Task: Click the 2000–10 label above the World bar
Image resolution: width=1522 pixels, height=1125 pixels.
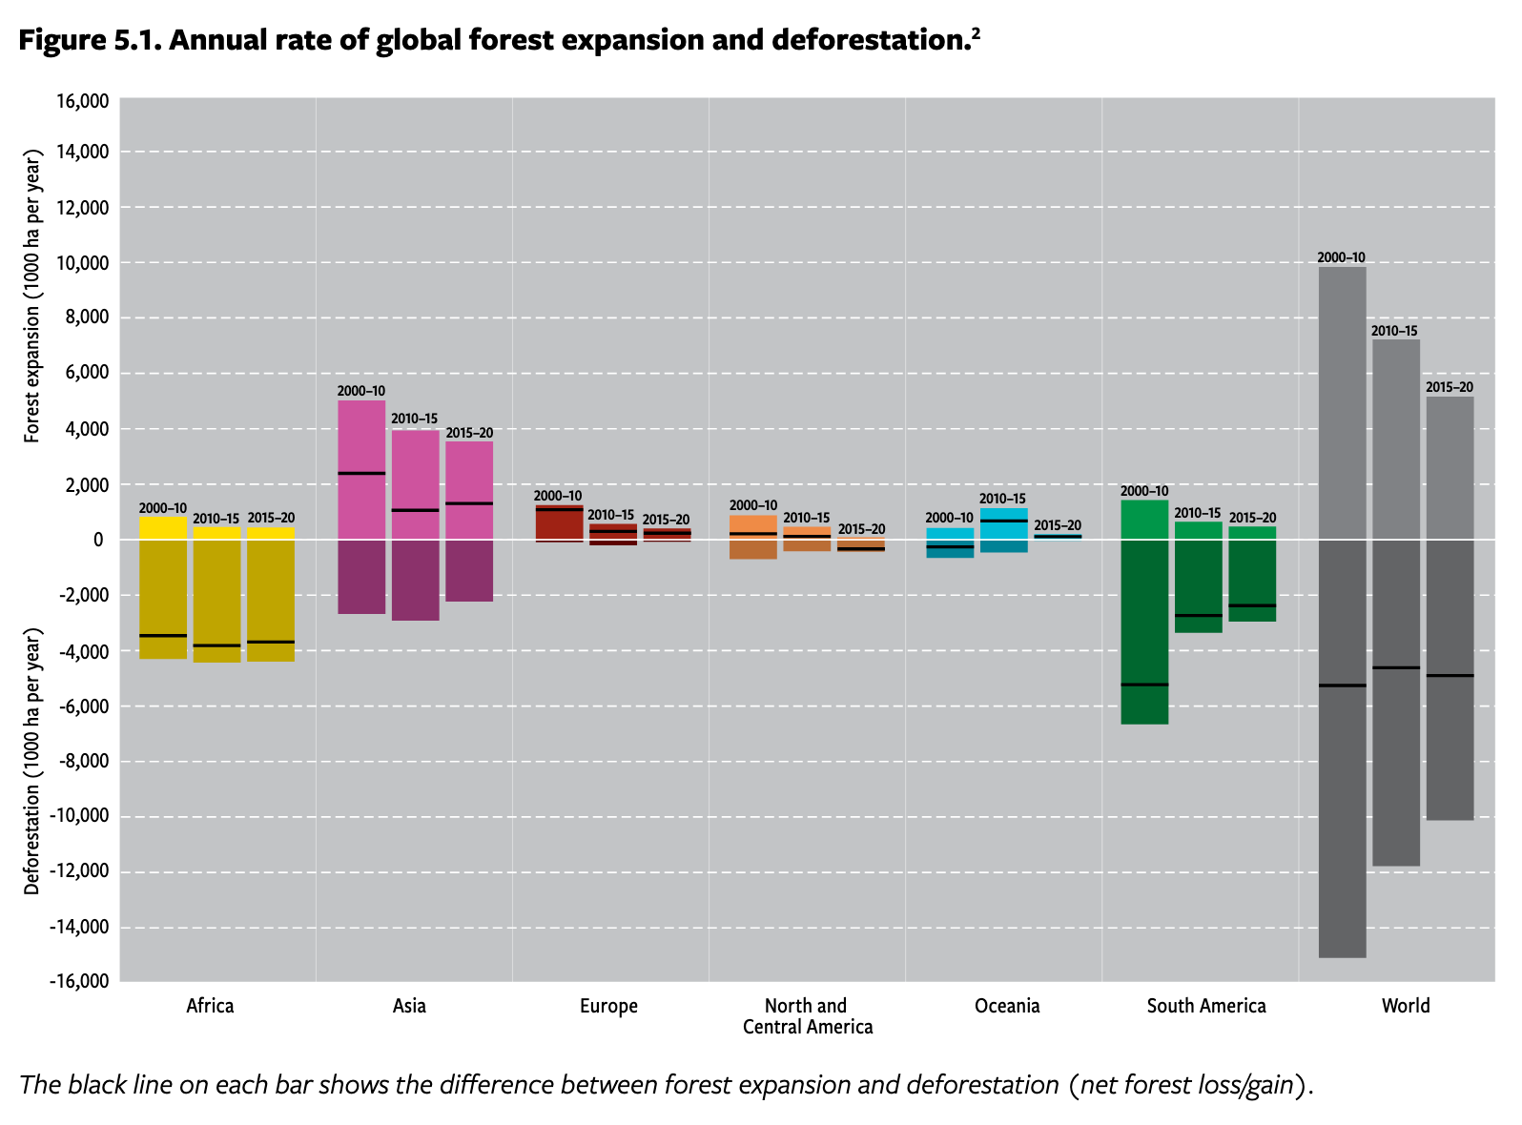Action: coord(1341,257)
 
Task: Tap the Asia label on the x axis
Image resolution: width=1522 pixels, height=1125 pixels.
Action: coord(409,1006)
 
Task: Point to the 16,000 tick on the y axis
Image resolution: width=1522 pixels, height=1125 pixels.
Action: coord(84,102)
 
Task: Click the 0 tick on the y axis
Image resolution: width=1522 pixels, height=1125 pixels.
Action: coord(98,540)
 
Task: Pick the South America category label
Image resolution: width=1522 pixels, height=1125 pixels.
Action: coord(1205,1006)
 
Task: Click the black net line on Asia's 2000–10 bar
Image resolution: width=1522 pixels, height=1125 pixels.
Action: coord(361,473)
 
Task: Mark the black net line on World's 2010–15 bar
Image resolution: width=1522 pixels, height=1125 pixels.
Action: coord(1395,667)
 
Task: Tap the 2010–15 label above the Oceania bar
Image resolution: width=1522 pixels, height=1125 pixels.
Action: coord(1002,499)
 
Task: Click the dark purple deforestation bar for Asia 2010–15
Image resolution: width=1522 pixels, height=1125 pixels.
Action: coord(415,580)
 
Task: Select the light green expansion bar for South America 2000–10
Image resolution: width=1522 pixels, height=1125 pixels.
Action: coord(1144,520)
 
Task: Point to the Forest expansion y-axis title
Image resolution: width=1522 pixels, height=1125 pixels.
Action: coord(32,296)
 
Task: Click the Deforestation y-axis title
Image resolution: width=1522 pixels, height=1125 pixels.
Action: coord(32,761)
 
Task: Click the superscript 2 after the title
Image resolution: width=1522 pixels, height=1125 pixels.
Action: coord(976,33)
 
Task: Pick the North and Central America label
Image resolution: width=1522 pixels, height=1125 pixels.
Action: coord(807,1016)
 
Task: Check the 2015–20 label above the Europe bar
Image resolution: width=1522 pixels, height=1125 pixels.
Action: coord(666,520)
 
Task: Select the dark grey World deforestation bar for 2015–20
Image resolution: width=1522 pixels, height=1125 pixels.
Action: coord(1450,680)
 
